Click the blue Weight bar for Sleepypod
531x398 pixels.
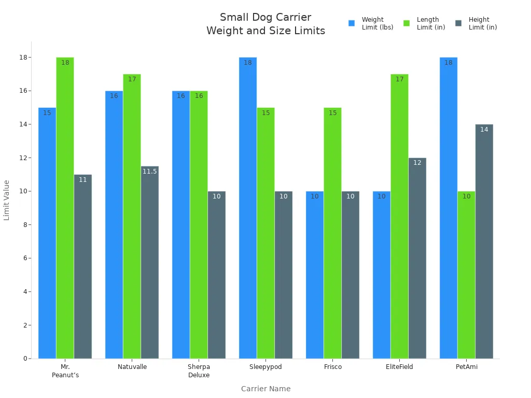[248, 207]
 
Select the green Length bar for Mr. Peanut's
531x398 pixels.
[65, 207]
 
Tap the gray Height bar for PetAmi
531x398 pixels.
[484, 241]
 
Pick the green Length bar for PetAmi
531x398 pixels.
[466, 275]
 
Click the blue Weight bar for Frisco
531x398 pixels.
[315, 275]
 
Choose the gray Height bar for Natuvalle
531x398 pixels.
[150, 262]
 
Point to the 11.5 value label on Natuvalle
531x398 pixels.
[150, 172]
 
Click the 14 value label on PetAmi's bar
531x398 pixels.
[484, 130]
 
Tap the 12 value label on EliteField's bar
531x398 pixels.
[417, 163]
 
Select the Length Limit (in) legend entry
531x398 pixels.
[425, 23]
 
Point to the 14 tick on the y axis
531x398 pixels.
[24, 124]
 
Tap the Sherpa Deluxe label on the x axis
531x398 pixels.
[199, 371]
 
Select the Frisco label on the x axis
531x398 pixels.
[332, 367]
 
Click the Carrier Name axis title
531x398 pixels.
[265, 389]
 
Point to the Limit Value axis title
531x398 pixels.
[7, 200]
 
